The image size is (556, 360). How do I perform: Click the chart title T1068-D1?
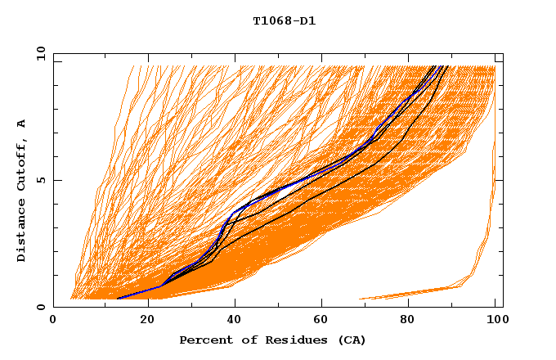(285, 20)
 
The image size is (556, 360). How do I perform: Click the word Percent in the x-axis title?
(203, 340)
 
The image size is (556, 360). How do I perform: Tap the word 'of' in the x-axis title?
(244, 340)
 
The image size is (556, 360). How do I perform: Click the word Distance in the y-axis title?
(22, 232)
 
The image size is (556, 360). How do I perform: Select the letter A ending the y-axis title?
(22, 123)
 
